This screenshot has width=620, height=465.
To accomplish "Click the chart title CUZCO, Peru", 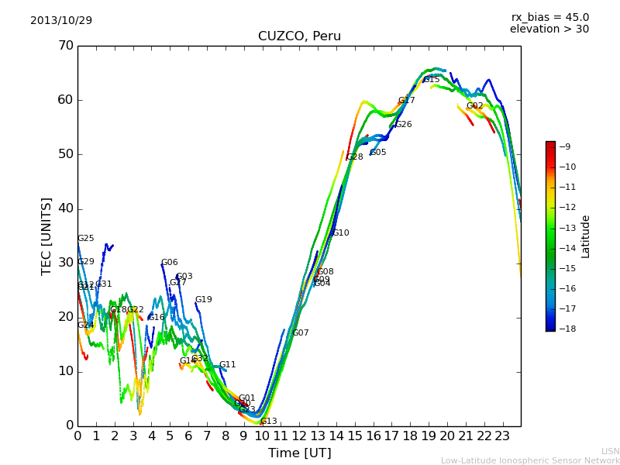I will [x=299, y=36].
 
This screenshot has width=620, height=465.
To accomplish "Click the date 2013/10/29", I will [x=61, y=21].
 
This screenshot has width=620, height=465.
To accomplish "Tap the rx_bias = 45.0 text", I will [x=549, y=18].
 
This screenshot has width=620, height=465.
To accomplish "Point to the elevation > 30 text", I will [x=549, y=29].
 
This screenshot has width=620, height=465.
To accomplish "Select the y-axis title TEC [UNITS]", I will [x=46, y=236].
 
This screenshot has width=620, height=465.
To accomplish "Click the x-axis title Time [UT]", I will [x=299, y=453].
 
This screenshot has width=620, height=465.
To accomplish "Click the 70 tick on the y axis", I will [x=64, y=46].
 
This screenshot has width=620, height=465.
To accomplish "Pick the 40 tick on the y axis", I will [x=64, y=208].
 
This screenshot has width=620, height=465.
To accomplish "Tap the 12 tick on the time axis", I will [x=299, y=436].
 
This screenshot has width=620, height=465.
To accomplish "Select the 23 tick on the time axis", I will [x=502, y=436].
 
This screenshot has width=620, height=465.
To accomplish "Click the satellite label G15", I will [x=431, y=80].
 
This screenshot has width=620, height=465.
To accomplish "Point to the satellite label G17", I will [x=406, y=101].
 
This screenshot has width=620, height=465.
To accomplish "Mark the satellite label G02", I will [x=474, y=106].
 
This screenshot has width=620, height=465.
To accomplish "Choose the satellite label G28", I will [x=354, y=157].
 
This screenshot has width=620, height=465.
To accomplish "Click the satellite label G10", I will [x=340, y=233].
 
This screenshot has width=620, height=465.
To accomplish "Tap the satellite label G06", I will [x=169, y=263].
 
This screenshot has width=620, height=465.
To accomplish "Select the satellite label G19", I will [x=203, y=300].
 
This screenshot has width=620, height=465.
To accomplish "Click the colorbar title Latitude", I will [x=586, y=236].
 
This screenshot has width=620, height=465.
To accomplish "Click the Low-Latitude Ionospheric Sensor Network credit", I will [x=530, y=460].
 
